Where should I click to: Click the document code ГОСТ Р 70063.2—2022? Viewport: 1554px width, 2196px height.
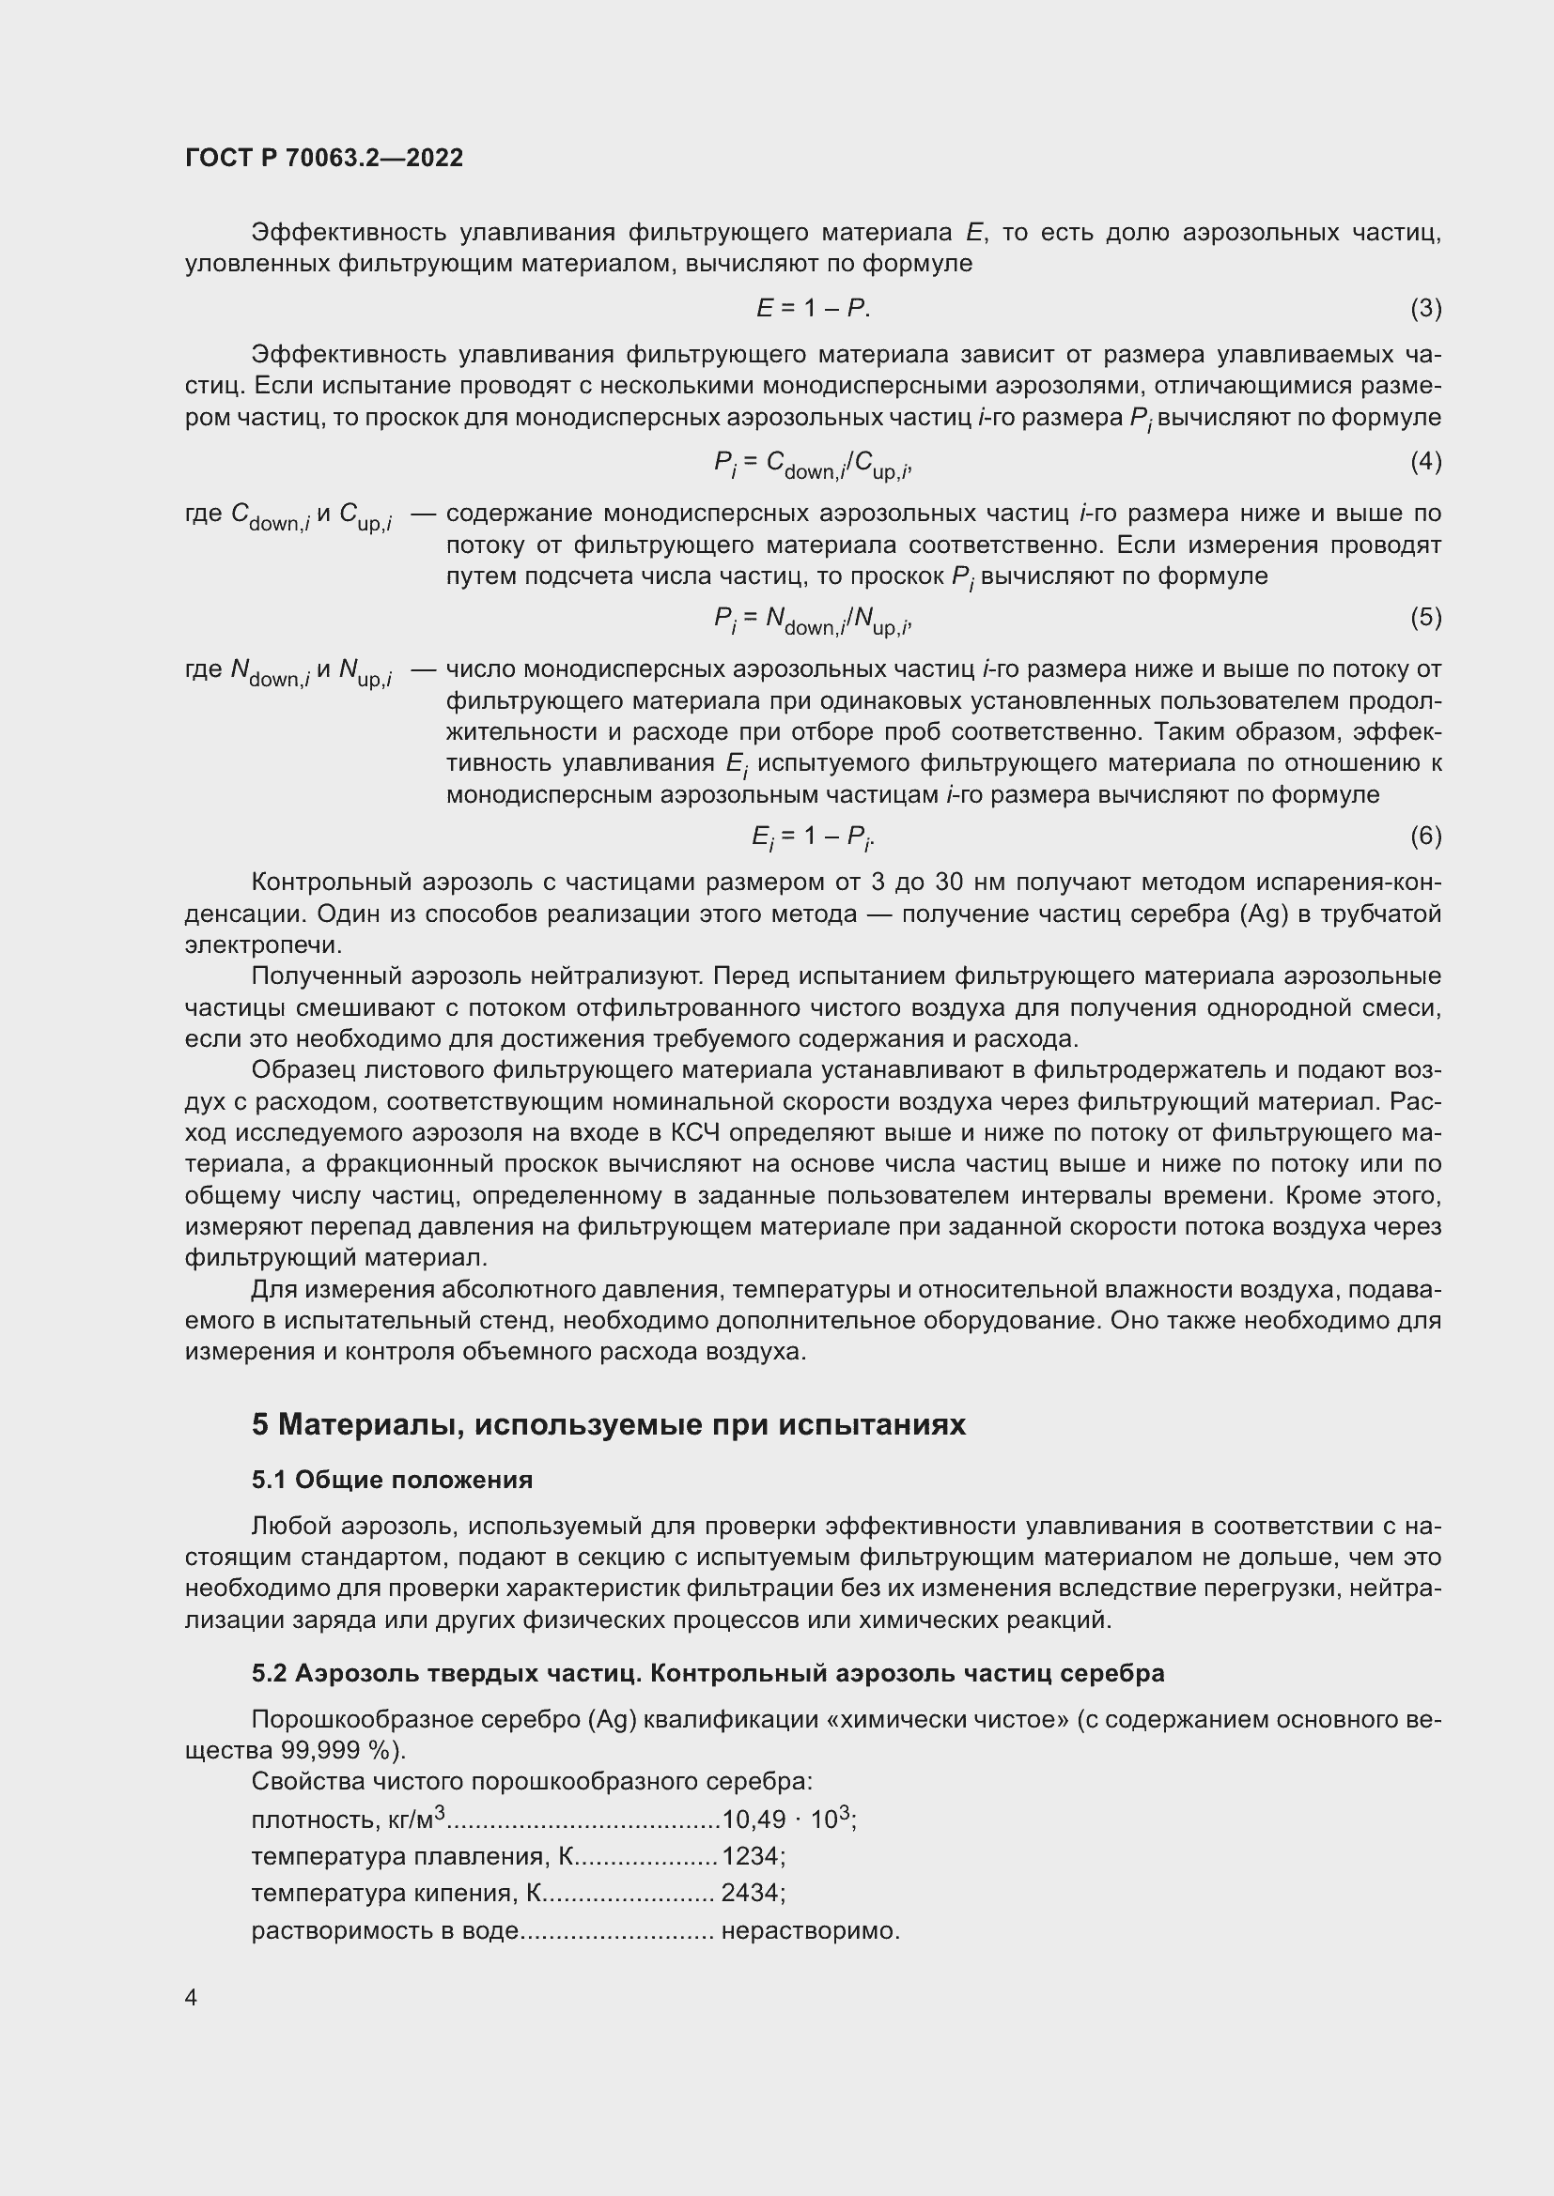click(323, 159)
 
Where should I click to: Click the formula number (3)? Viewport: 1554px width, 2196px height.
click(1425, 308)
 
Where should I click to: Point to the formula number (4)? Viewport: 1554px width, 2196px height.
click(1425, 462)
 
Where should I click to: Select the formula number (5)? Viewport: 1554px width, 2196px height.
click(1425, 618)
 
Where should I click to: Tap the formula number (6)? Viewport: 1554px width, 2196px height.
click(1425, 836)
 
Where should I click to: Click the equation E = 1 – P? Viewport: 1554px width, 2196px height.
click(813, 308)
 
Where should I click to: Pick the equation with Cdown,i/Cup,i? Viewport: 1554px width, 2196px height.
click(813, 465)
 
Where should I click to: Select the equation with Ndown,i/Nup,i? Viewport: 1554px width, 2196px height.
click(813, 621)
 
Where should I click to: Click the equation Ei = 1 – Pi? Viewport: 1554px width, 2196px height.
click(813, 837)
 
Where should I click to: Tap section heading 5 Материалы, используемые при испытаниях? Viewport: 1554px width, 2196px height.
click(609, 1424)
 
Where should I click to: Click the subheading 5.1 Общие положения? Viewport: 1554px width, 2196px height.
click(393, 1480)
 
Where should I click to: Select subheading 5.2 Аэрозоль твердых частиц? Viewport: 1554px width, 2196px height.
click(707, 1673)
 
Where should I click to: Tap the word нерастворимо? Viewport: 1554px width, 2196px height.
click(810, 1930)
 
